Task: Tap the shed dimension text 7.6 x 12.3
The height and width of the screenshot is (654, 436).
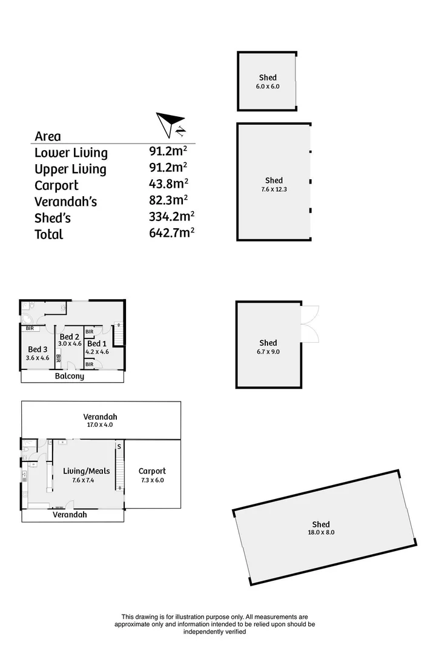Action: click(x=274, y=190)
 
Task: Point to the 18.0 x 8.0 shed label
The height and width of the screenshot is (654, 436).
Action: click(x=321, y=532)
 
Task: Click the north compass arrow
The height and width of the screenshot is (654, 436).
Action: click(x=170, y=123)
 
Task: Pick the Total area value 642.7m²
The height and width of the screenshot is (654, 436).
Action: click(x=171, y=233)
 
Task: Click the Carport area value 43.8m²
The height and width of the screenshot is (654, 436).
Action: click(x=168, y=184)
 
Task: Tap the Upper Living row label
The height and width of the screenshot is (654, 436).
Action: click(x=70, y=169)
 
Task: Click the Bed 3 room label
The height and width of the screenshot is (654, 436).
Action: click(x=38, y=349)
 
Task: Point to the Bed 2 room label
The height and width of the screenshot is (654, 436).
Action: click(x=69, y=337)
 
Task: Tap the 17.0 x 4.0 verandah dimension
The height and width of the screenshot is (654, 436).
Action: click(x=101, y=425)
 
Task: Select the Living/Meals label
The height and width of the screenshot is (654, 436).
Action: click(x=87, y=471)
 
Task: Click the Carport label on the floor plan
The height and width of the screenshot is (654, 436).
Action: click(x=152, y=471)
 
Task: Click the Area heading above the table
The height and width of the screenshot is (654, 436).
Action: click(x=48, y=136)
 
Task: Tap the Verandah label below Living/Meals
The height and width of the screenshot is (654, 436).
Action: click(x=70, y=515)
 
